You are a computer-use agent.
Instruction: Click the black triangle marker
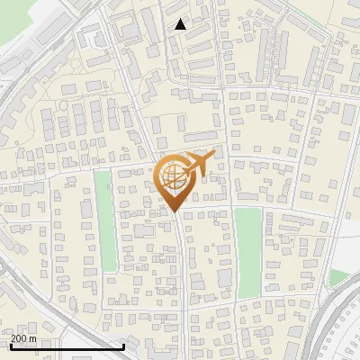pos(181,24)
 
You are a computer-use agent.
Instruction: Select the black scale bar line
pos(67,346)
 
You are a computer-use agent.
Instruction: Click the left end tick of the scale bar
pos(10,345)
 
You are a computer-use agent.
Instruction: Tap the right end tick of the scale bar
pos(123,345)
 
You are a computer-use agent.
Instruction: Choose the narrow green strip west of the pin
pos(106,220)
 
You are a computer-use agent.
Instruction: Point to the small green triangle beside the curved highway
pos(339,277)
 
